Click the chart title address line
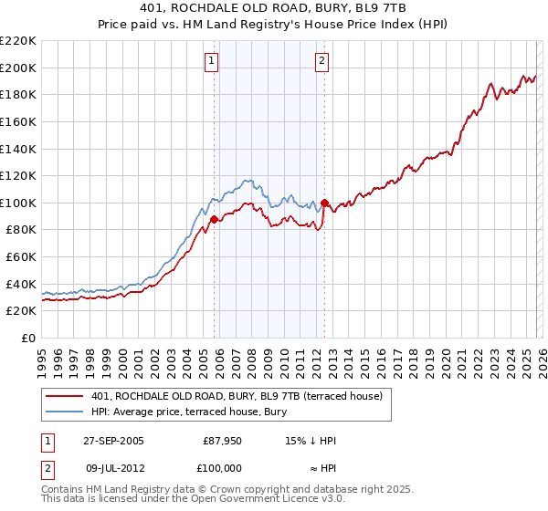point(274,8)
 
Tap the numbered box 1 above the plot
point(212,61)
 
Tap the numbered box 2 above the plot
point(323,61)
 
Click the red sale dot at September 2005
point(214,219)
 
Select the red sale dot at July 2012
point(324,203)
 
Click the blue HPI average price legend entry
point(189,412)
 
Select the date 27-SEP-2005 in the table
point(110,441)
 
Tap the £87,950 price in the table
point(223,441)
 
